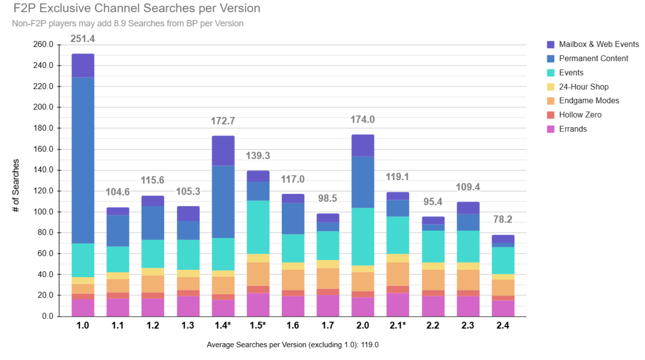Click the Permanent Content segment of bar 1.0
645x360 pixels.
point(83,160)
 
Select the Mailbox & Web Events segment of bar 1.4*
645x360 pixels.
point(223,151)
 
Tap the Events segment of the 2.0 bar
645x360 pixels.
point(363,237)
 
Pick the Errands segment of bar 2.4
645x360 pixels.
point(503,308)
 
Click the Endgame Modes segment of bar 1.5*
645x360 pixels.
point(258,274)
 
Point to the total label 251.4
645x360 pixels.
point(82,39)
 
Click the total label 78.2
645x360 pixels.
point(503,219)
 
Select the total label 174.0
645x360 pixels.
point(363,120)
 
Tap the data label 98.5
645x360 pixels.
point(327,198)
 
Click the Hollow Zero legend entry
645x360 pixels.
point(580,115)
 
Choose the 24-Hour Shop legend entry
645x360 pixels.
point(583,87)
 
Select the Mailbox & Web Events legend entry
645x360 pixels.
point(598,44)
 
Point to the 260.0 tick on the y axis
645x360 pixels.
point(43,44)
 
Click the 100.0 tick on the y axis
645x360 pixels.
point(43,211)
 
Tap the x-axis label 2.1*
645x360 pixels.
point(398,325)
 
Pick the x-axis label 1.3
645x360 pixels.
point(188,325)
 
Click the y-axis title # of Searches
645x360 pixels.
point(16,185)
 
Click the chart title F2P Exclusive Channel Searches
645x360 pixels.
point(137,8)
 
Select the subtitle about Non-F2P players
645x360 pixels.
point(127,23)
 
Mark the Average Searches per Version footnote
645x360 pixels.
point(292,344)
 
